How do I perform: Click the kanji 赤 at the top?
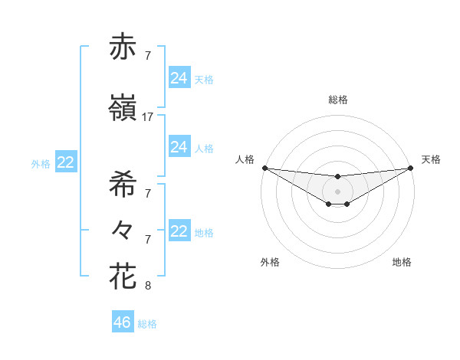pos(123,47)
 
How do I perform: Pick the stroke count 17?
pos(148,117)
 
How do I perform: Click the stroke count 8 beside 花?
pos(148,286)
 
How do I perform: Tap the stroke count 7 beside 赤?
pos(148,56)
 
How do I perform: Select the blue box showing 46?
pos(123,322)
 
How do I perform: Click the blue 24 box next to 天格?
pos(179,77)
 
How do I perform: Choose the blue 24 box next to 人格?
pos(179,147)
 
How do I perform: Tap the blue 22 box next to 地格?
pos(179,231)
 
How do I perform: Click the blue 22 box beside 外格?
pos(66,162)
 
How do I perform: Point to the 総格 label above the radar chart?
pos(337,100)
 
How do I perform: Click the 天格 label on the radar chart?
pos(431,159)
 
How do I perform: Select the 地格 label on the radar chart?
pos(402,262)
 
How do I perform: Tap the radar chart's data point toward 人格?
pos(264,167)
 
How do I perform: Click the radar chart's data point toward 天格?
pos(410,167)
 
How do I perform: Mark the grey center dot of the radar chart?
pos(337,191)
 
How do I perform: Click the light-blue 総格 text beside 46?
pos(147,324)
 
